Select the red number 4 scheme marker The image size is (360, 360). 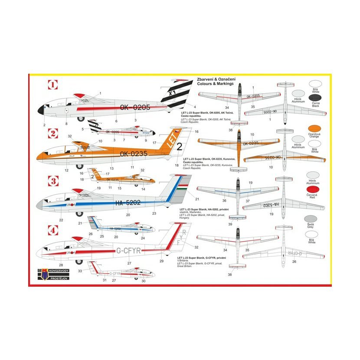click(x=52, y=230)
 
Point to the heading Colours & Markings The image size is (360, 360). click(x=216, y=84)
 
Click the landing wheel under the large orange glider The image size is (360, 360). click(x=79, y=166)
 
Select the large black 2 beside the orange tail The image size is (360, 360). click(x=180, y=146)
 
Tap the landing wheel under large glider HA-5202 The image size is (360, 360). click(x=79, y=215)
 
